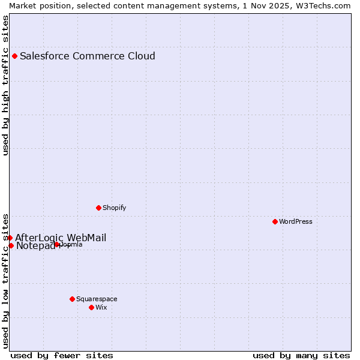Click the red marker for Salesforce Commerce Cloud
14,56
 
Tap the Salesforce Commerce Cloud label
88,56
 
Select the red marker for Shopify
98,208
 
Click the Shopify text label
114,208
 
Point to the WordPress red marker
275,222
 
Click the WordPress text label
295,222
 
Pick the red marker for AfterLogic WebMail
10,238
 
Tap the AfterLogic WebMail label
61,238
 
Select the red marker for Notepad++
11,245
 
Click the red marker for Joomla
57,245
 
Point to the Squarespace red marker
72,299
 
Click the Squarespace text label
97,299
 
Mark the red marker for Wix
91,307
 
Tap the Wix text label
101,308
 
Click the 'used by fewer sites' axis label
62,356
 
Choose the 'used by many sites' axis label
301,356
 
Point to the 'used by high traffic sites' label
6,85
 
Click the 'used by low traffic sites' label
6,280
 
